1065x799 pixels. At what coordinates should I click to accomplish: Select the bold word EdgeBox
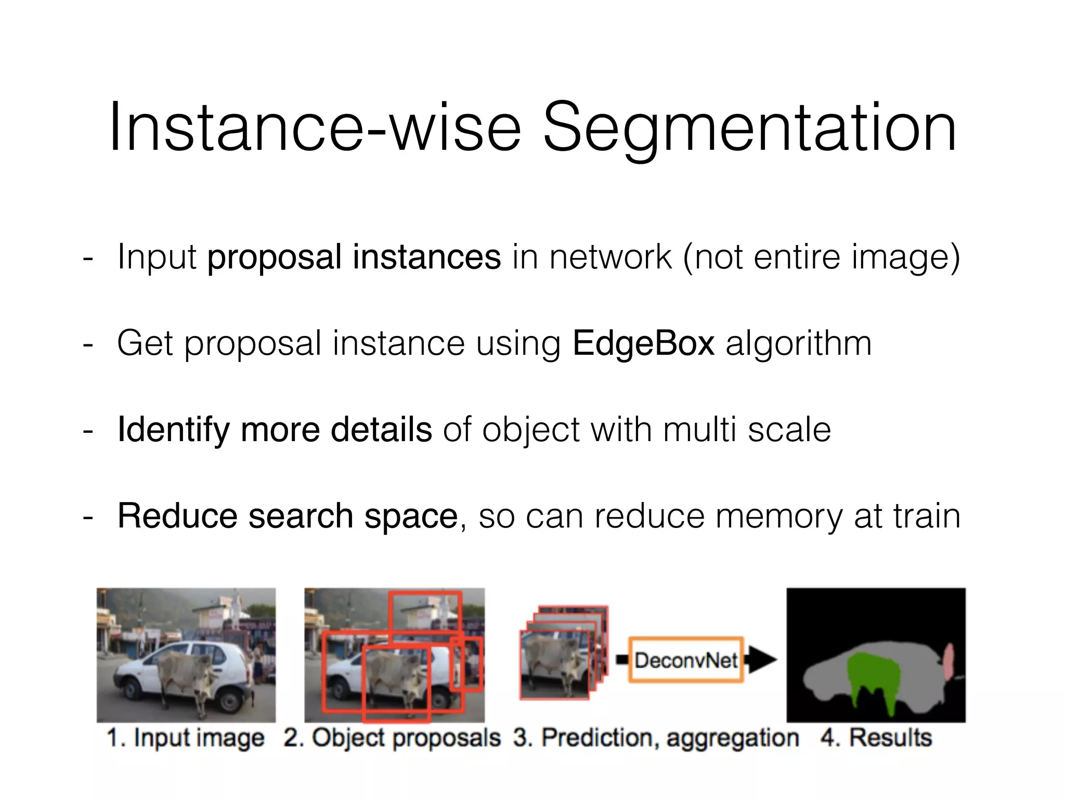coord(643,343)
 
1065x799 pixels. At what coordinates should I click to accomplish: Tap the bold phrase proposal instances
coord(354,257)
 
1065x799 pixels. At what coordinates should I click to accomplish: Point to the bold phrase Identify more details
coord(275,430)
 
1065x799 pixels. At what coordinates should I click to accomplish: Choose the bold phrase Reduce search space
coord(288,516)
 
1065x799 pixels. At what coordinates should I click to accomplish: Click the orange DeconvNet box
coord(685,660)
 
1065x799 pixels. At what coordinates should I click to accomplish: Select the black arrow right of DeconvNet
coord(760,660)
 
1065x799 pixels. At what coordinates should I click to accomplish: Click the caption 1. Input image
coord(186,738)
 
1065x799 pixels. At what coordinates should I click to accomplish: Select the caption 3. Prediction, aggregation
coord(656,738)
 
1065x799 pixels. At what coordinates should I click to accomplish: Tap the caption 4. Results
coord(876,738)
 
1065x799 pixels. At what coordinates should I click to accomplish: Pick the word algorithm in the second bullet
coord(798,343)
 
